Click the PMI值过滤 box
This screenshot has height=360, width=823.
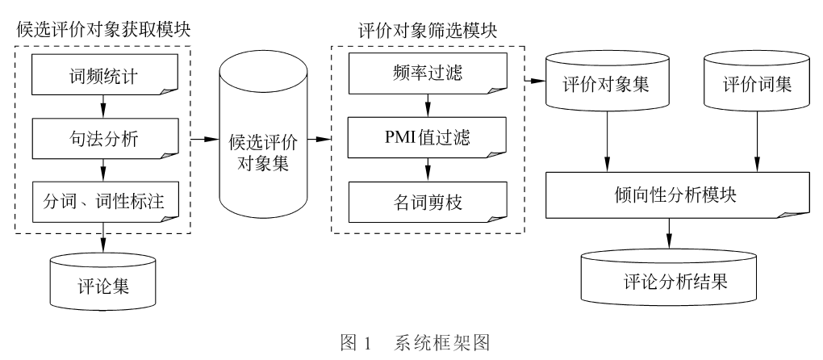click(427, 138)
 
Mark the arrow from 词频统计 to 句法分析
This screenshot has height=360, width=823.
click(102, 108)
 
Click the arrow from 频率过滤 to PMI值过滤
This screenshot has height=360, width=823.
click(428, 107)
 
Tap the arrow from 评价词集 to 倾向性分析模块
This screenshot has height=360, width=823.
click(756, 145)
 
